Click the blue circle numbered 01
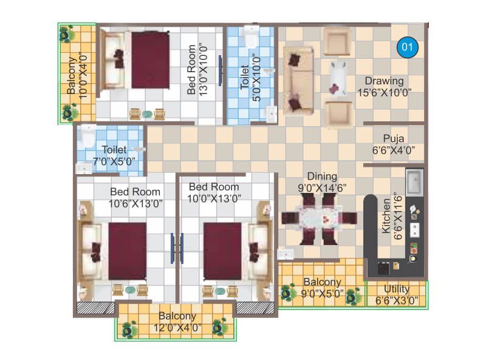408,47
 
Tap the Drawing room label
384,81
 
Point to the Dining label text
322,177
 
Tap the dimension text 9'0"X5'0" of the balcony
323,294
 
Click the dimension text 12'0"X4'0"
177,328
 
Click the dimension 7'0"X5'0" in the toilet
114,162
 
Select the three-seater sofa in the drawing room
296,79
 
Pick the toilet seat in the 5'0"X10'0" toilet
250,36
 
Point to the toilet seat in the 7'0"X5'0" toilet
87,137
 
